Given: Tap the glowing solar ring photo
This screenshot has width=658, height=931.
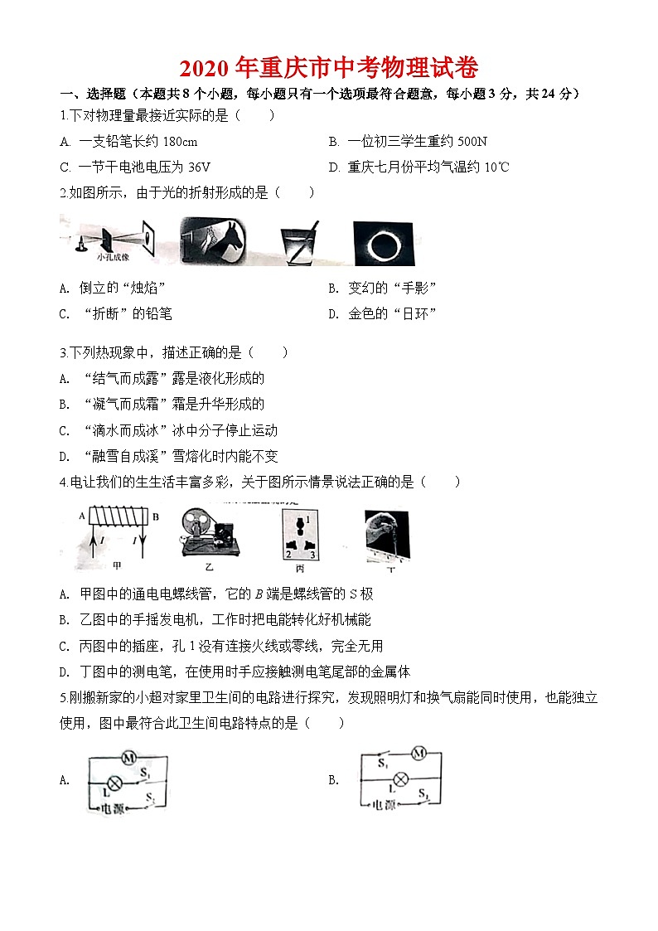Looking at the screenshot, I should coord(384,241).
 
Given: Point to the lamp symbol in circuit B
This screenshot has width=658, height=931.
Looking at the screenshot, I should coord(401,778).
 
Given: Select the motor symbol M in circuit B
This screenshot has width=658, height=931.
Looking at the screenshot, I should coord(419,753).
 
